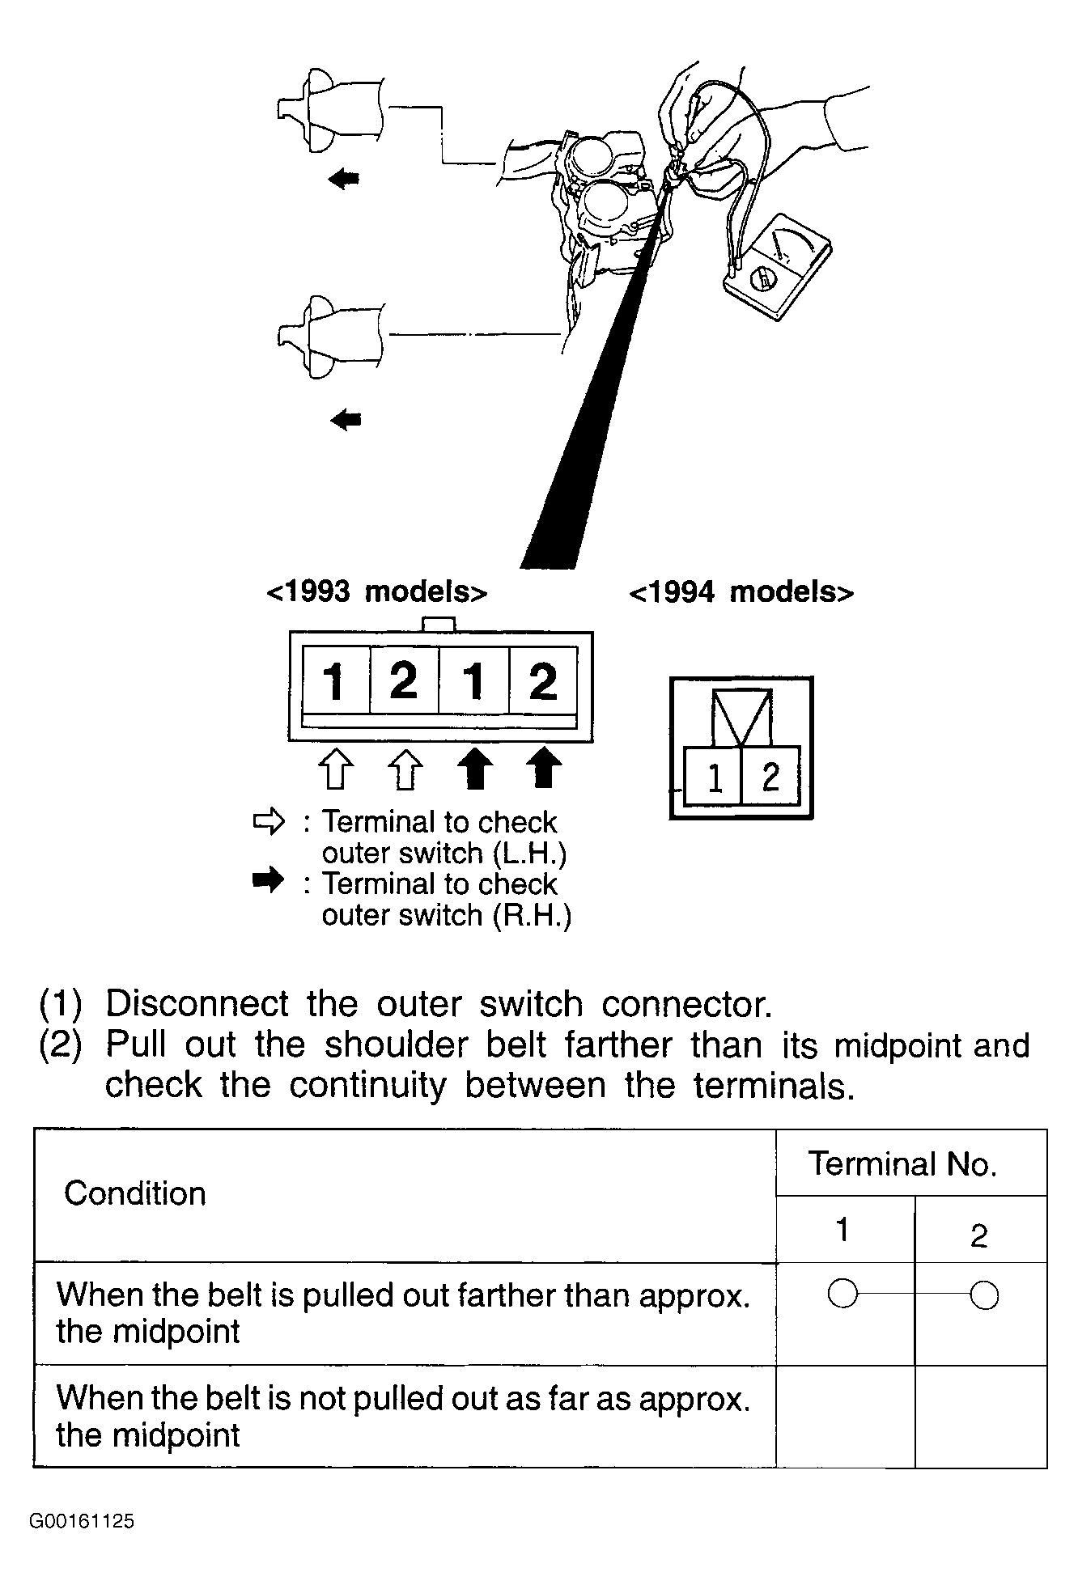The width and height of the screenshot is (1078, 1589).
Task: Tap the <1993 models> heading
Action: pyautogui.click(x=376, y=592)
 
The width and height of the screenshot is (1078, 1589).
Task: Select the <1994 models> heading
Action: pyautogui.click(x=741, y=592)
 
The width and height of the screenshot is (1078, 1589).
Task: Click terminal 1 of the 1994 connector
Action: pyautogui.click(x=713, y=777)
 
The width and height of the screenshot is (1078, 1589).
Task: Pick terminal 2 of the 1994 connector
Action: pyautogui.click(x=770, y=777)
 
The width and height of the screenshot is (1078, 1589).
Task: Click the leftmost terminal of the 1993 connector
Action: pyautogui.click(x=335, y=680)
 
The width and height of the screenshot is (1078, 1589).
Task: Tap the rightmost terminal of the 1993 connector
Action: pyautogui.click(x=543, y=680)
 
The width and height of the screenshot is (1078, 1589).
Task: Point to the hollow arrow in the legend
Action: pyautogui.click(x=269, y=822)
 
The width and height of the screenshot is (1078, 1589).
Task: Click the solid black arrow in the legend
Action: pyautogui.click(x=269, y=881)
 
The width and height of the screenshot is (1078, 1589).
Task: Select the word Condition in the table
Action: pyautogui.click(x=135, y=1193)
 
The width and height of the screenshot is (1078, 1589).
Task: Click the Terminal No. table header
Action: pyautogui.click(x=902, y=1163)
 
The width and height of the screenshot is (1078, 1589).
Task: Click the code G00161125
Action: pyautogui.click(x=82, y=1521)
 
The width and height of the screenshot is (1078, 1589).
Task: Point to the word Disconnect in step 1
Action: pyautogui.click(x=197, y=1004)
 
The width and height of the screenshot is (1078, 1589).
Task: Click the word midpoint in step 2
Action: pyautogui.click(x=898, y=1045)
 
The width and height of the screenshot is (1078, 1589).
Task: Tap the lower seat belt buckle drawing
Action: pyautogui.click(x=328, y=336)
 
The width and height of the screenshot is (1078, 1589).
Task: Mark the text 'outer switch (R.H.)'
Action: pyautogui.click(x=447, y=915)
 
